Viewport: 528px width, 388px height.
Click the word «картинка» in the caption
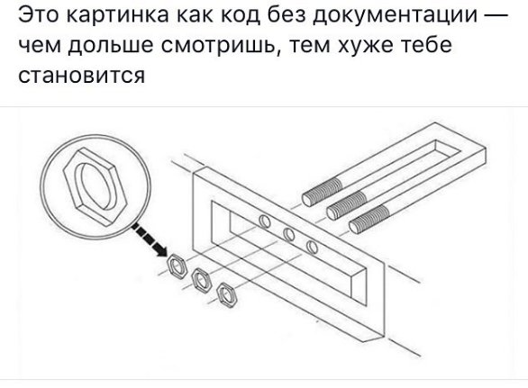[117, 14]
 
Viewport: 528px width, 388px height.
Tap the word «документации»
[395, 16]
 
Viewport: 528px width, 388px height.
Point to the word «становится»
[81, 76]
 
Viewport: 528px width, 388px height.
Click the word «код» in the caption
[241, 16]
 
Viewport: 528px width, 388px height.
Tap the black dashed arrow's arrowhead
[160, 249]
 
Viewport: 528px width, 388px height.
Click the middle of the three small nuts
[201, 281]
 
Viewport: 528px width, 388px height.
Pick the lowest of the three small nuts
[227, 295]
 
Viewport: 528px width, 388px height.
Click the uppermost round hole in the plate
[265, 221]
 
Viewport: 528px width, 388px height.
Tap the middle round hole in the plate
[289, 234]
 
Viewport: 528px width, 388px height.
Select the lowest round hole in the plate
[312, 248]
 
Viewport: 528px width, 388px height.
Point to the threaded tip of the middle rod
[347, 206]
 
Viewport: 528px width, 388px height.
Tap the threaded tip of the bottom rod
[369, 219]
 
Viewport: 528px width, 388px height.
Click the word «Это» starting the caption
[39, 14]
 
